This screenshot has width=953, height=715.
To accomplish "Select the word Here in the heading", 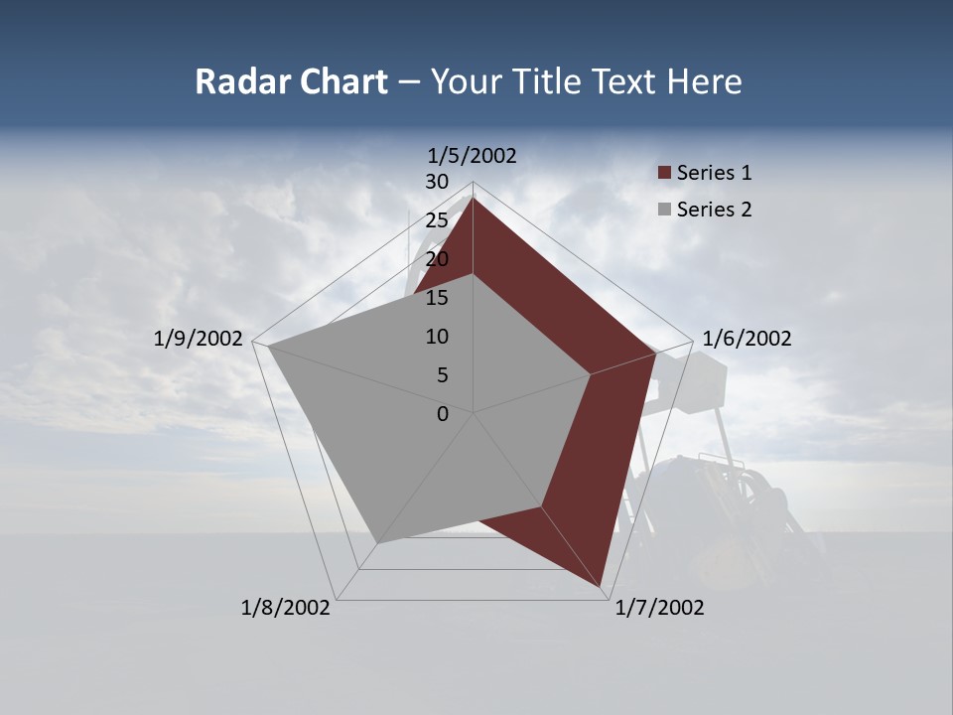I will pyautogui.click(x=704, y=81).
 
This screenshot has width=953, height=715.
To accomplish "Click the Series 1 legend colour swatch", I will pyautogui.click(x=664, y=174).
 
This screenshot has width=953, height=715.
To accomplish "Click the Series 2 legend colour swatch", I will pyautogui.click(x=664, y=210).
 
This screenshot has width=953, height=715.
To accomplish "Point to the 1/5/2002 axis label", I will pyautogui.click(x=473, y=155).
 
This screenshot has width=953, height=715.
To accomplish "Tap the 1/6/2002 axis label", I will pyautogui.click(x=747, y=339).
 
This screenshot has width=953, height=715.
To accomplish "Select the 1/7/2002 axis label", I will pyautogui.click(x=659, y=608).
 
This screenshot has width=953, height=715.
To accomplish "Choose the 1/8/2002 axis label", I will pyautogui.click(x=286, y=608).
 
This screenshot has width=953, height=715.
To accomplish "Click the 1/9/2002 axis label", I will pyautogui.click(x=199, y=339).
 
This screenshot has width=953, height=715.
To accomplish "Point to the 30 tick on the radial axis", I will pyautogui.click(x=437, y=182).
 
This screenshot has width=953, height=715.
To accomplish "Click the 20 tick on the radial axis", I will pyautogui.click(x=437, y=259).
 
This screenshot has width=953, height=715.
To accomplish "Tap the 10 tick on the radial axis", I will pyautogui.click(x=437, y=337).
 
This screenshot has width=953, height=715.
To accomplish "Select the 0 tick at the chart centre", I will pyautogui.click(x=443, y=414).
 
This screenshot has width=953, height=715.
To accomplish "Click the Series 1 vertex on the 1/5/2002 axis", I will pyautogui.click(x=474, y=198).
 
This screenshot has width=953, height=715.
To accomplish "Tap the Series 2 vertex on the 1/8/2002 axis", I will pyautogui.click(x=378, y=542).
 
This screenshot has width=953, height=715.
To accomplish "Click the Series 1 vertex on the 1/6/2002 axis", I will pyautogui.click(x=656, y=353).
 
